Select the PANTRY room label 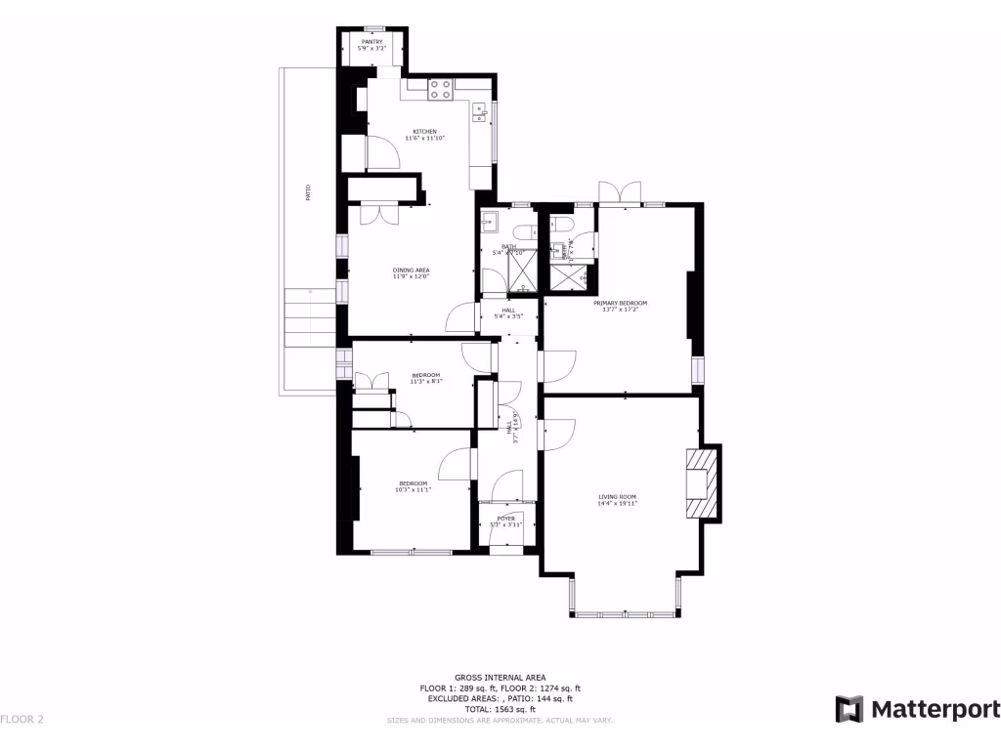(x=372, y=42)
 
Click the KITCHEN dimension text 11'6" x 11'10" (x=423, y=139)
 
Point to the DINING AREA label (x=412, y=271)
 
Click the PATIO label (x=308, y=191)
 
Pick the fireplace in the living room (x=702, y=482)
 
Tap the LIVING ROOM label (x=618, y=497)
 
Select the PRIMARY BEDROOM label (x=620, y=303)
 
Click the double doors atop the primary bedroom (x=620, y=193)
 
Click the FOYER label (x=506, y=519)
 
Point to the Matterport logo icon (x=849, y=709)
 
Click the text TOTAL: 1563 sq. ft (x=500, y=709)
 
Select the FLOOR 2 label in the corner (x=22, y=720)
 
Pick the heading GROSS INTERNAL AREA (x=500, y=678)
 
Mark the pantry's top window (x=372, y=28)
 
